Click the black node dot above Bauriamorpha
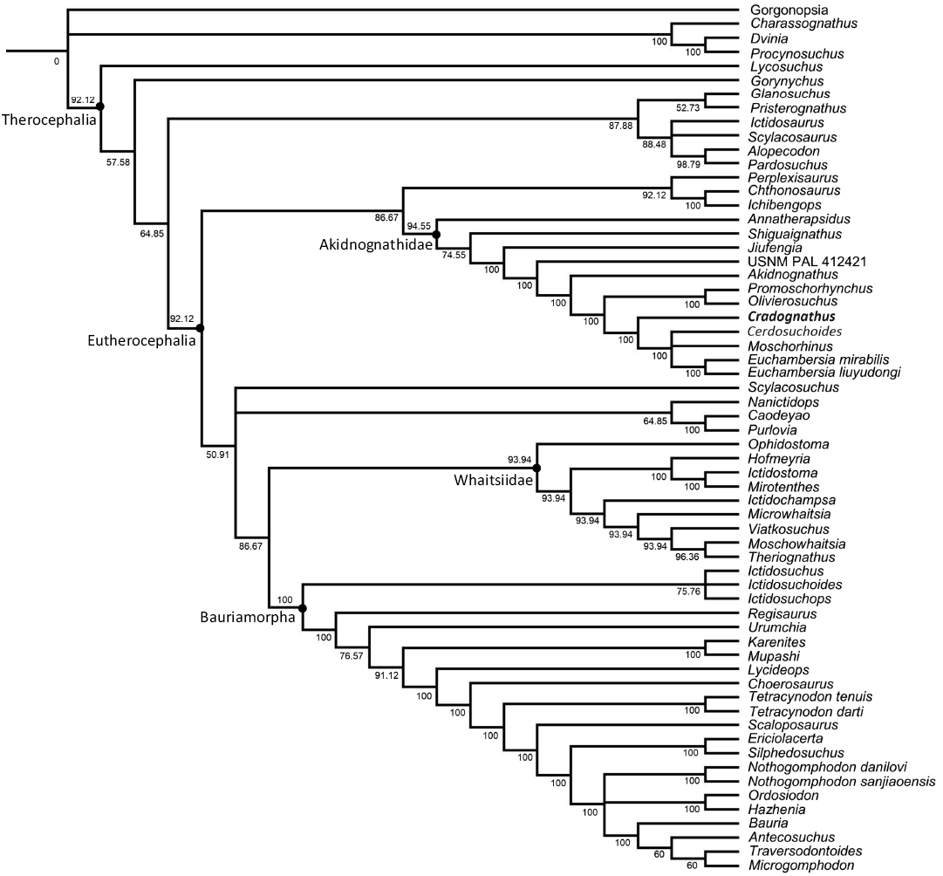pyautogui.click(x=302, y=608)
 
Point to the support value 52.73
pyautogui.click(x=688, y=107)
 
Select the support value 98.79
pyautogui.click(x=688, y=164)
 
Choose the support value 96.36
pyautogui.click(x=688, y=555)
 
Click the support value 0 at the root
pyautogui.click(x=57, y=62)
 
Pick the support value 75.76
pyautogui.click(x=688, y=590)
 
